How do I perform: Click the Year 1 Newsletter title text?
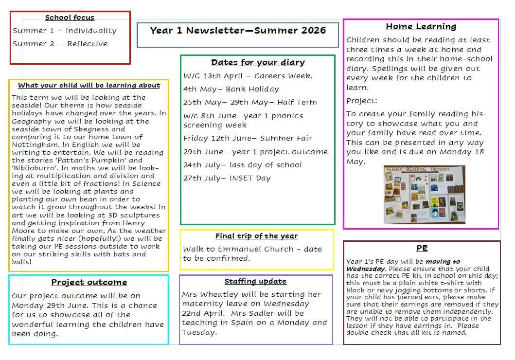coord(238,30)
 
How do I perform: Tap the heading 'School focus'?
coord(70,18)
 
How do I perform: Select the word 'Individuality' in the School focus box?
coord(91,31)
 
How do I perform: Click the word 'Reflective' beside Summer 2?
coord(87,44)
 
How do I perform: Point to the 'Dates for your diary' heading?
coord(258,62)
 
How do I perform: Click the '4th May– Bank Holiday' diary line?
coord(231,89)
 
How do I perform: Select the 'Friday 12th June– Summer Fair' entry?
coord(248,138)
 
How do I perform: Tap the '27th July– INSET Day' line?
coord(227,178)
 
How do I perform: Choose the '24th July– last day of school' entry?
coord(242,165)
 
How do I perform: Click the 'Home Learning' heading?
coord(421,27)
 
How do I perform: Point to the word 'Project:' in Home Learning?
coord(362,101)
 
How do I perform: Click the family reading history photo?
coord(424,195)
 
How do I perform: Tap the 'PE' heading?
coord(422,248)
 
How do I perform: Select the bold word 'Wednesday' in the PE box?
coord(366,269)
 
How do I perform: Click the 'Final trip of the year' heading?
coord(256,236)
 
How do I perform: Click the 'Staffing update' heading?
coord(255,281)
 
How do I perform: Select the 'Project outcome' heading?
coord(89,282)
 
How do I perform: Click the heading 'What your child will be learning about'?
coord(89,86)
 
